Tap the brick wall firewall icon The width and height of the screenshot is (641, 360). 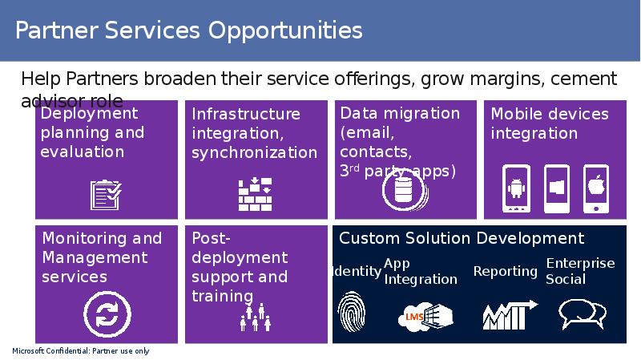(x=256, y=193)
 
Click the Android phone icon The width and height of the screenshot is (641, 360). (x=516, y=189)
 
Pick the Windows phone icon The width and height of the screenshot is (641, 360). (x=556, y=189)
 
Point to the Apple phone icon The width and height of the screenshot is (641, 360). (x=596, y=189)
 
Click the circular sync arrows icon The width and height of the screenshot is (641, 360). (x=106, y=313)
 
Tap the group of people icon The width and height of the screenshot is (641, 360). (x=256, y=318)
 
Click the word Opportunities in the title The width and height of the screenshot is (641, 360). (x=286, y=30)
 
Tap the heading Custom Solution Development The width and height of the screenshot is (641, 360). (x=462, y=238)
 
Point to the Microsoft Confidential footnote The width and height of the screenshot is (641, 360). (x=81, y=351)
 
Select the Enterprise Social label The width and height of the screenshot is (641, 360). (x=580, y=271)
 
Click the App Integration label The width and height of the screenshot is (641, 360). (x=420, y=271)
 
